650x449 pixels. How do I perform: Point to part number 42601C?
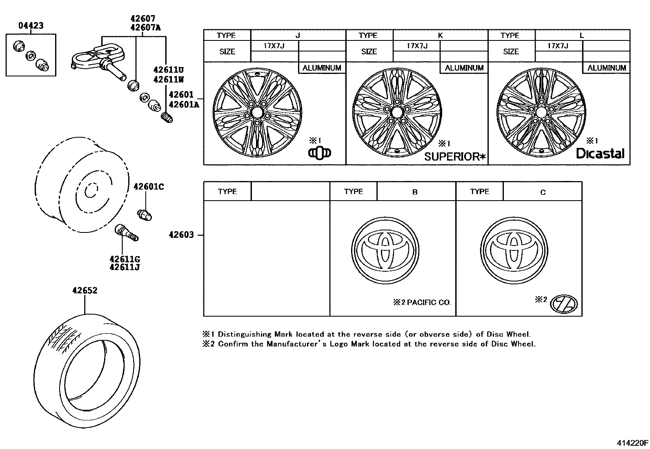pos(149,187)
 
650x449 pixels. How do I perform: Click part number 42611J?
pos(125,268)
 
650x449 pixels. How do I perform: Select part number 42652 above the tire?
pos(85,291)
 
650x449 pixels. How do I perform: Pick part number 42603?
pos(181,235)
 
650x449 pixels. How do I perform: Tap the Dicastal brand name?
pos(600,154)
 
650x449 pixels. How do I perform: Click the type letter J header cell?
pos(298,36)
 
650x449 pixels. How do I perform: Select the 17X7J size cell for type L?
pos(558,46)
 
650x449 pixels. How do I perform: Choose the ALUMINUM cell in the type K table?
pos(464,68)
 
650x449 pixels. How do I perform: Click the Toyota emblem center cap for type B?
pos(385,250)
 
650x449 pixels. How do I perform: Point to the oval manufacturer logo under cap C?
pos(564,304)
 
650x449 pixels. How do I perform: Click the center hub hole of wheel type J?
pos(257,111)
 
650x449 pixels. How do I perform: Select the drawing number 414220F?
pos(632,443)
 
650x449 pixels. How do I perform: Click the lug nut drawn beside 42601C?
pos(145,214)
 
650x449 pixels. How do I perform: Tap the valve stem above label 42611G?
pos(127,232)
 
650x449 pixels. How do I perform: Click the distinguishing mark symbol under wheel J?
pos(319,153)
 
